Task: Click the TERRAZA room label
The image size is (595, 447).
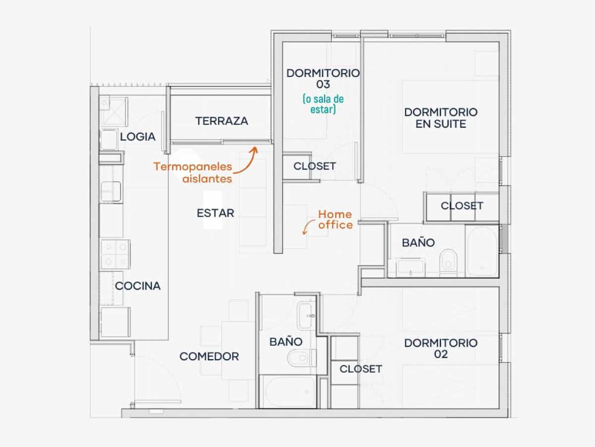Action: point(222,121)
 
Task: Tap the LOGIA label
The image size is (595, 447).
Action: point(138,137)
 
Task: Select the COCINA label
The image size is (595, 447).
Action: point(138,286)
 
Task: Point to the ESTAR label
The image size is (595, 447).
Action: point(216,213)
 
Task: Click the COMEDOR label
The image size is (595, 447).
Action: point(209,356)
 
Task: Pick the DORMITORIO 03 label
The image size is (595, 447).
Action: point(323,78)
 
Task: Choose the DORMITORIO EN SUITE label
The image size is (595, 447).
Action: point(441,118)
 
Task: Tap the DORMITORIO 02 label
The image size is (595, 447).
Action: point(441,349)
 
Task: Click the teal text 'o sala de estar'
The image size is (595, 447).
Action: point(323,104)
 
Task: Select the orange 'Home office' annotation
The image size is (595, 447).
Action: point(336,220)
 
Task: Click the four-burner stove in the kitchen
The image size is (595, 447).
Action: point(115,254)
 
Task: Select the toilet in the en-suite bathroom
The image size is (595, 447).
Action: point(448,262)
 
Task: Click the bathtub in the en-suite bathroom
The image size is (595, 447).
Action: point(482,251)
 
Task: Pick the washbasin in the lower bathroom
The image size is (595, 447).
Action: point(306,316)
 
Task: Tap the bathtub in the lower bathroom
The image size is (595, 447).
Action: point(288,391)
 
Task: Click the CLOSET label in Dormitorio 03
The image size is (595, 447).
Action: point(315,166)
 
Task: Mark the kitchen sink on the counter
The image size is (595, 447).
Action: point(111,192)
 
